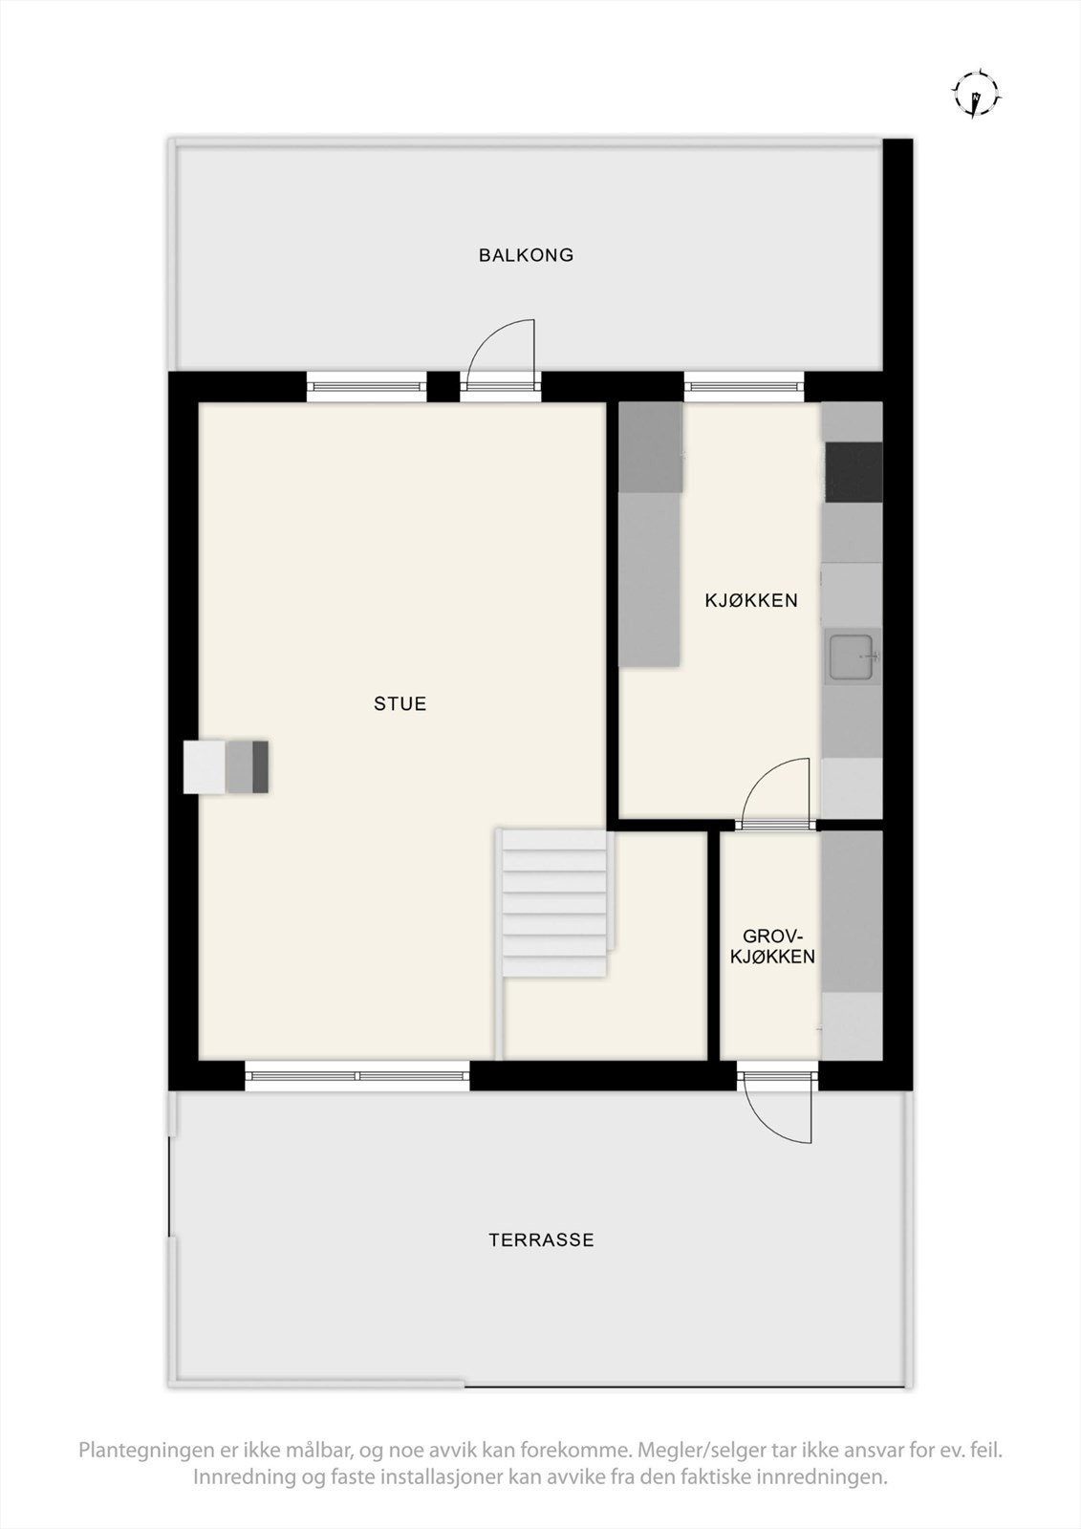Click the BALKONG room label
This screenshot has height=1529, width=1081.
(x=526, y=255)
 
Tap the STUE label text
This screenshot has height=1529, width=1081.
(x=400, y=704)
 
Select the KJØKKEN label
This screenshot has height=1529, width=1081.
(x=751, y=601)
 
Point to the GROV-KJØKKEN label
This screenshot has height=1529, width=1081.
(x=772, y=946)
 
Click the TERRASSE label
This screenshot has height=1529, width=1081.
(x=541, y=1240)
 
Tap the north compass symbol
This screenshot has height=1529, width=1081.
(x=976, y=94)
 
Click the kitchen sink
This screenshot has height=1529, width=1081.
(x=854, y=657)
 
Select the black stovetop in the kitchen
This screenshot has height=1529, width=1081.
(x=854, y=473)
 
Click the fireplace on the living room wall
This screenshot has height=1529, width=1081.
(x=227, y=766)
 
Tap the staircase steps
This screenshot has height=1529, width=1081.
(x=554, y=903)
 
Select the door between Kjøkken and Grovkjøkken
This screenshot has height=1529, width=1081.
(x=776, y=823)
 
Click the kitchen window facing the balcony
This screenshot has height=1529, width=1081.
(x=744, y=386)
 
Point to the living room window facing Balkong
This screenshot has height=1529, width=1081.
(x=366, y=386)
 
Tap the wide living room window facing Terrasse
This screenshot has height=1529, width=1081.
(x=357, y=1076)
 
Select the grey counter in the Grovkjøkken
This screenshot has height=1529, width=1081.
(x=852, y=913)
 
